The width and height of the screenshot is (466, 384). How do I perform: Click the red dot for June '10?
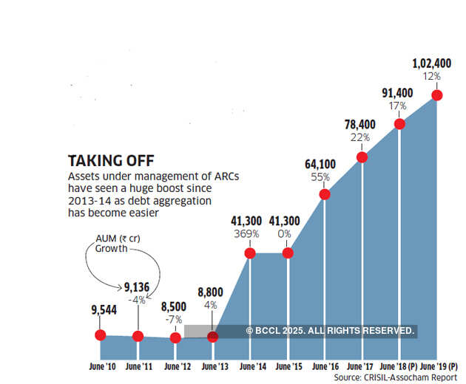[x=101, y=335]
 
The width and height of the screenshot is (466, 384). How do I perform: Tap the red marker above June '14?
[x=250, y=253]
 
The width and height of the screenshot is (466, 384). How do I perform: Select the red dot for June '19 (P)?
[x=437, y=95]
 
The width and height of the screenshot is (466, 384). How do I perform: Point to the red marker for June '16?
[x=325, y=194]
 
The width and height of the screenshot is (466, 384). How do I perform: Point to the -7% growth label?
[x=175, y=318]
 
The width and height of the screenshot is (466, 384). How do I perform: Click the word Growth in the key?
[x=111, y=249]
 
